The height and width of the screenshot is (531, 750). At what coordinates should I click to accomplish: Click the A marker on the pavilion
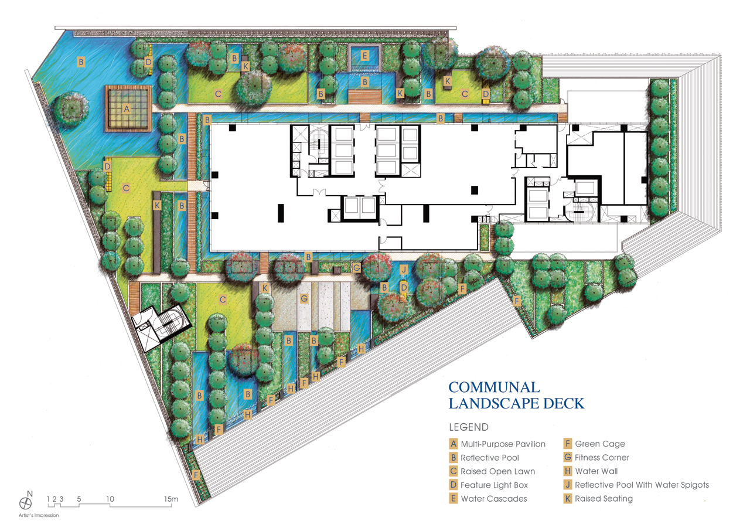click(x=127, y=109)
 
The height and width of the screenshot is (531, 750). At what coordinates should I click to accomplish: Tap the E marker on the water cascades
click(x=365, y=55)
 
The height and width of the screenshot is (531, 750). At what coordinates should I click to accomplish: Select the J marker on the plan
click(x=404, y=270)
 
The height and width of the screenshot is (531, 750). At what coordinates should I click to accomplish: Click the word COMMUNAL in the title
click(x=494, y=387)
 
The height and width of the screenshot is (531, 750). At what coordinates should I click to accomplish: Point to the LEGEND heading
click(x=469, y=427)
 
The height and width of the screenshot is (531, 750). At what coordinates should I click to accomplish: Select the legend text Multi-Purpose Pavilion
click(x=503, y=444)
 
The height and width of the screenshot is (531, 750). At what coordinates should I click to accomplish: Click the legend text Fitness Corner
click(x=602, y=457)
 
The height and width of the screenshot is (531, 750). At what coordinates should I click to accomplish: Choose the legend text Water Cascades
click(x=494, y=499)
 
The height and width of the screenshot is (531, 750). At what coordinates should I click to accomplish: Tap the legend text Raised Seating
click(x=604, y=499)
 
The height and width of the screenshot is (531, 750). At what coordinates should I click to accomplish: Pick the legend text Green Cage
click(x=600, y=444)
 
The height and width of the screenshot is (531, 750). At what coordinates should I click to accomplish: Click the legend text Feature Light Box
click(x=494, y=485)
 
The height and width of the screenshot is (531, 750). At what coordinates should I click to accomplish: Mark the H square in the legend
click(x=568, y=471)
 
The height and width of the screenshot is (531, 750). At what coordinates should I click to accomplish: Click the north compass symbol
click(x=25, y=503)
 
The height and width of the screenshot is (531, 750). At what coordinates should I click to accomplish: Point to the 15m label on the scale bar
click(x=171, y=499)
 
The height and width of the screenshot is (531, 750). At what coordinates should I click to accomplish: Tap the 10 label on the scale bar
click(x=110, y=499)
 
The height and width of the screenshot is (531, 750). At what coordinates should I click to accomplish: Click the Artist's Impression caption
click(x=39, y=515)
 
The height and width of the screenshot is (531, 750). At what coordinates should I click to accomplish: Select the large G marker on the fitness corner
click(x=304, y=298)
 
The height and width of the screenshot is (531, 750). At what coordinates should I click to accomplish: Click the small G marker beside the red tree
click(x=357, y=267)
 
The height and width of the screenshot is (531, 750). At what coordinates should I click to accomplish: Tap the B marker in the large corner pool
click(x=81, y=62)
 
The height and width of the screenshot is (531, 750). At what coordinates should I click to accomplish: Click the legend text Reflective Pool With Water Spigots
click(x=642, y=485)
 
